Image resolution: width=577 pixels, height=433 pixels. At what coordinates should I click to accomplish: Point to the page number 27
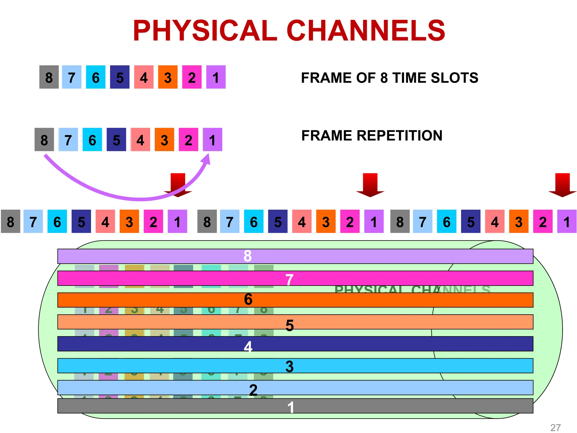pos(556,428)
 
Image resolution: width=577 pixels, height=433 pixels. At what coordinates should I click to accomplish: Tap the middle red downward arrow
pos(370,185)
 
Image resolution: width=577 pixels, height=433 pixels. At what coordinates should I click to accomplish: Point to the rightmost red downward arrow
pos(562,185)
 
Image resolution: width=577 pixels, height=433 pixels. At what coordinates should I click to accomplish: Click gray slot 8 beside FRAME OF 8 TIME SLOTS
pos(49,77)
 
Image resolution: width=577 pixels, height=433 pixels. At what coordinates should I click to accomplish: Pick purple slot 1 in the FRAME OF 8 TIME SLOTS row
pos(216,77)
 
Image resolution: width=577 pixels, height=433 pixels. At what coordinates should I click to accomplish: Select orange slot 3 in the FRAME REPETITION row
pos(164,140)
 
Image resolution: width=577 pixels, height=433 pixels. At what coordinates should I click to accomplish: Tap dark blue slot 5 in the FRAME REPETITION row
pos(116,140)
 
